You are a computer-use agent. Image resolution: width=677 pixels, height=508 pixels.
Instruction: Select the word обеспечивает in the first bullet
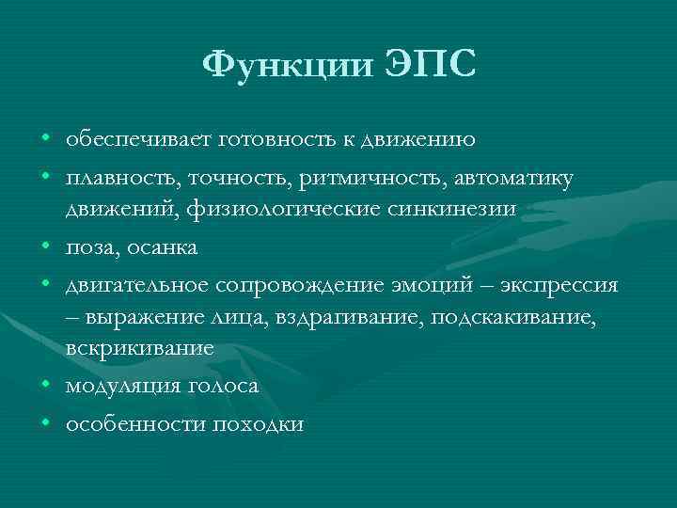(x=137, y=140)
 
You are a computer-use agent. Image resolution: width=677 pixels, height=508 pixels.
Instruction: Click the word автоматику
(x=497, y=178)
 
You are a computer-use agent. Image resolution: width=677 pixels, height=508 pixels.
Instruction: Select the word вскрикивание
(x=140, y=348)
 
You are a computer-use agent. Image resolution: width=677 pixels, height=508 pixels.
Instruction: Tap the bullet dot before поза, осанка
(x=46, y=245)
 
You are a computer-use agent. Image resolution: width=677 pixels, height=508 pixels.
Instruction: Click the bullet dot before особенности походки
(x=46, y=424)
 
